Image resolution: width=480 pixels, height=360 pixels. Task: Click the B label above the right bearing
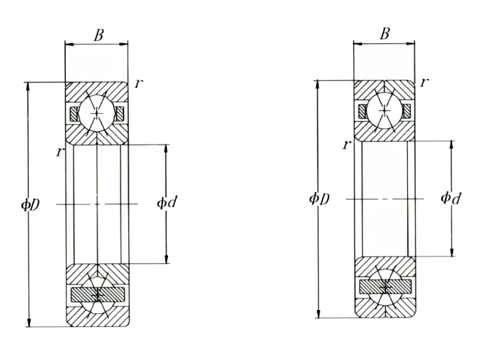point(385,34)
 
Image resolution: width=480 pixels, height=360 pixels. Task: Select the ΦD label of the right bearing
point(320,199)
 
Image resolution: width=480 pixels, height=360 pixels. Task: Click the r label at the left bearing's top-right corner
point(139,83)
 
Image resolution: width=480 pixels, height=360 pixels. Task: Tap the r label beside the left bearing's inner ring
point(60,152)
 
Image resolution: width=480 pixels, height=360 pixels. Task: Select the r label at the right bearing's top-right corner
point(425,82)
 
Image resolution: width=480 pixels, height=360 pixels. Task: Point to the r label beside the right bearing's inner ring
point(347,145)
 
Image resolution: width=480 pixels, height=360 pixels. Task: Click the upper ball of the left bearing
point(97,112)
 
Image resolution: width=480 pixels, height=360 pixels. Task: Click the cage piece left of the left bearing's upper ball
point(75,113)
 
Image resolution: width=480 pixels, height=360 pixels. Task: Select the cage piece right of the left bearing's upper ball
point(119,113)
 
